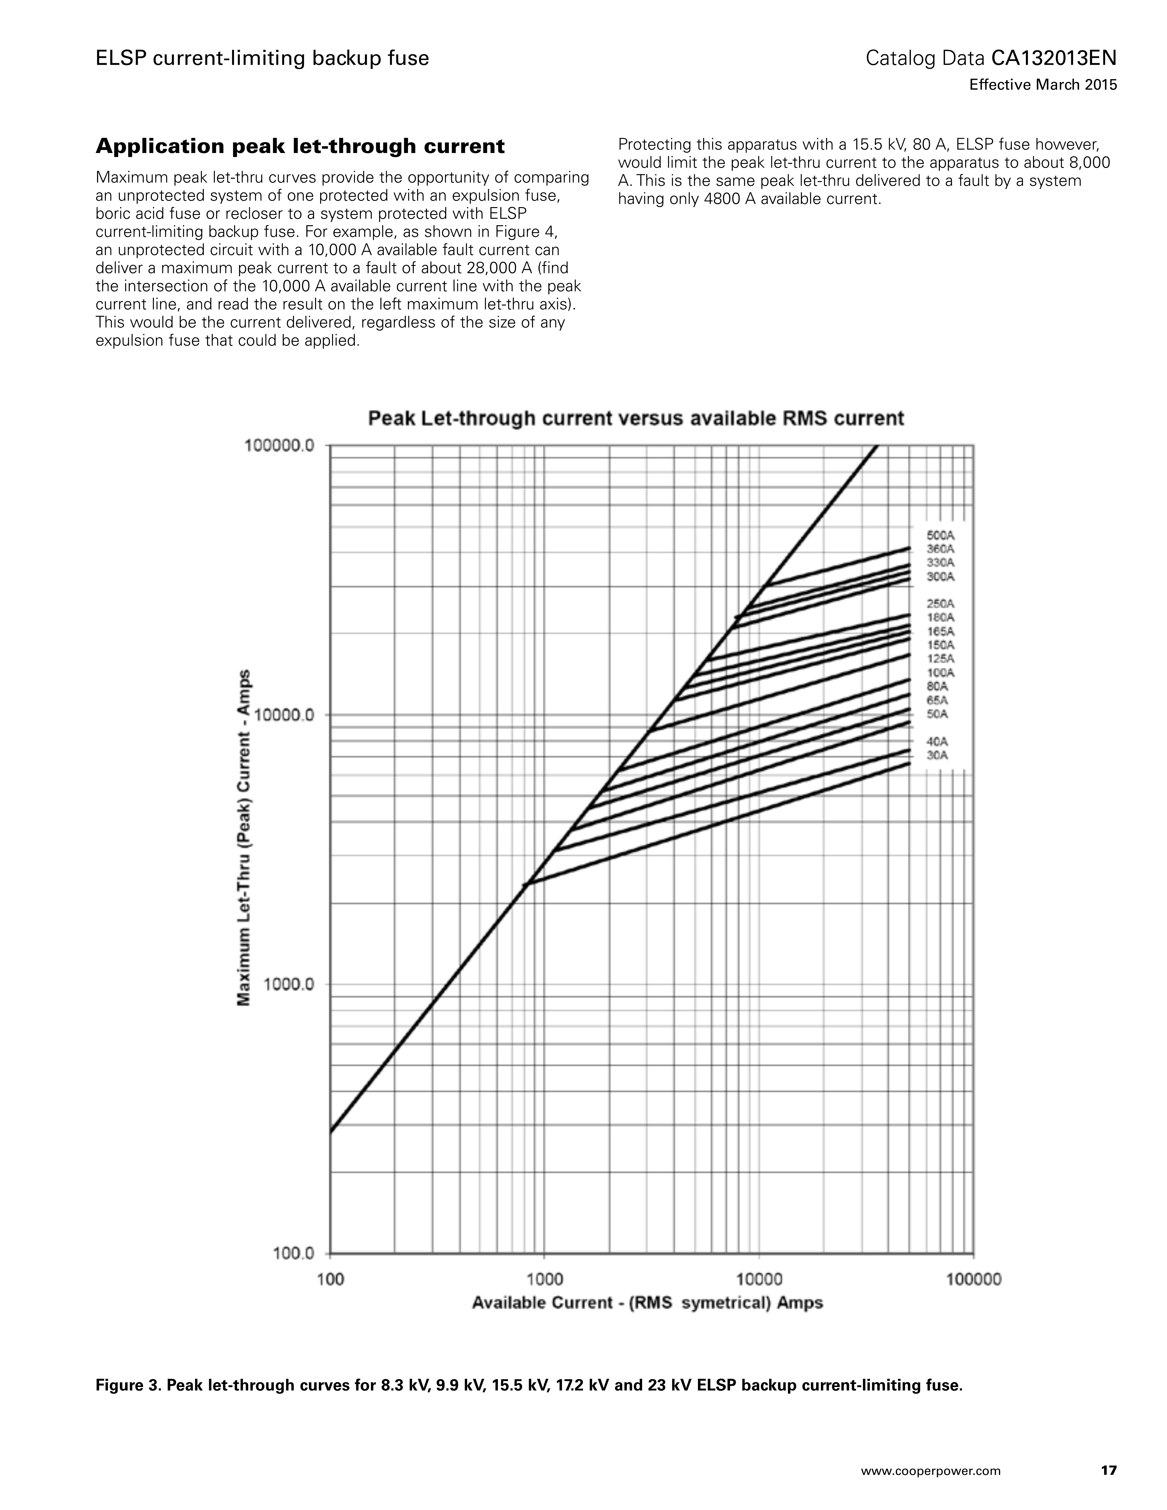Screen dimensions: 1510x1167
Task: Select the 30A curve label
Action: (937, 756)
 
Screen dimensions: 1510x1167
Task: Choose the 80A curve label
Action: (937, 687)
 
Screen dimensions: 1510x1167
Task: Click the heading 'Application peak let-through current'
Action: (300, 147)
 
